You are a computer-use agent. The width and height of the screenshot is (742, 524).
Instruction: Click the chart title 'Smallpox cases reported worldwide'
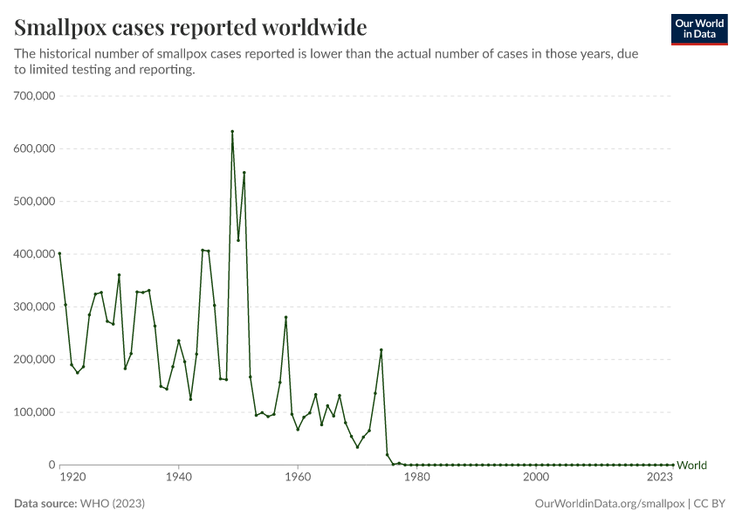point(190,26)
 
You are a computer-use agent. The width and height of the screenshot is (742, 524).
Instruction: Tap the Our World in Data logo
point(698,29)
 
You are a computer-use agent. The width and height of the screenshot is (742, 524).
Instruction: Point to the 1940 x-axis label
point(178,478)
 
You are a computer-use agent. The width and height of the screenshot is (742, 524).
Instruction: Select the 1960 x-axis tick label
point(298,478)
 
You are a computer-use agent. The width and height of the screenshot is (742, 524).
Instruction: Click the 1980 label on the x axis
point(416,478)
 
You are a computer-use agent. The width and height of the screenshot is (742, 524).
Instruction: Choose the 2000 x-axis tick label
point(535,478)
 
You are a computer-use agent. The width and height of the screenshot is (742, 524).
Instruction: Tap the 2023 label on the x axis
point(660,478)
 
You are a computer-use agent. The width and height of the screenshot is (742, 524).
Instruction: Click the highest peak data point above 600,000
point(232,132)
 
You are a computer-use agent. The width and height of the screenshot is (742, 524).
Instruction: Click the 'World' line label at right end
point(691,465)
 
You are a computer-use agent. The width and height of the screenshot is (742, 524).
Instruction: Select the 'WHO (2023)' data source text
point(112,504)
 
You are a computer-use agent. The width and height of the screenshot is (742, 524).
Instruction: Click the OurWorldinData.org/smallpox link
point(608,504)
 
